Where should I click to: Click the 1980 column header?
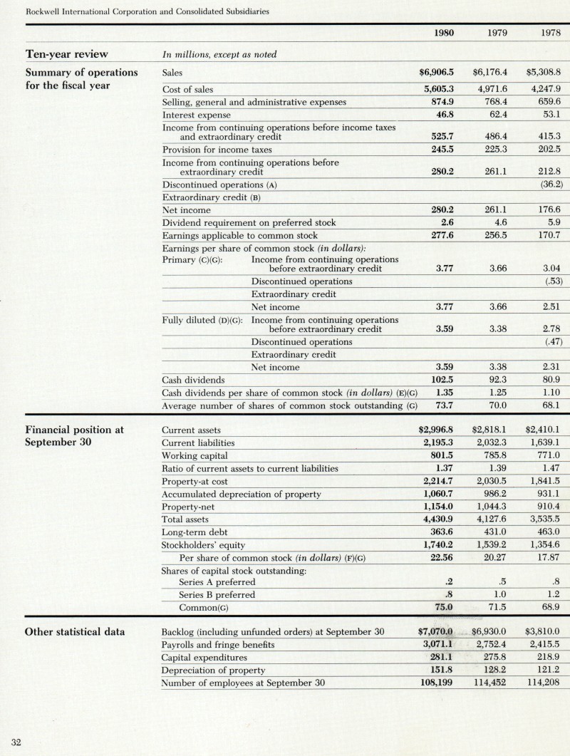tap(444, 33)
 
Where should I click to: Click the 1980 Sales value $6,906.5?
tap(436, 73)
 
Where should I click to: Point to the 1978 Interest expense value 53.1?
tap(549, 114)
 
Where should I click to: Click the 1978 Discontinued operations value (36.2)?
tap(547, 185)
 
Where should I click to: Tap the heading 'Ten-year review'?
tap(67, 54)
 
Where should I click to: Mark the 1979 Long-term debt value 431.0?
tap(494, 532)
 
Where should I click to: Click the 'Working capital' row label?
tap(195, 456)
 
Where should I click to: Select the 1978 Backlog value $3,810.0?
tap(543, 632)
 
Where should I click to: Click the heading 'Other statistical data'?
tap(75, 632)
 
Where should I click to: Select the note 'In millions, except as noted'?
tap(219, 55)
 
